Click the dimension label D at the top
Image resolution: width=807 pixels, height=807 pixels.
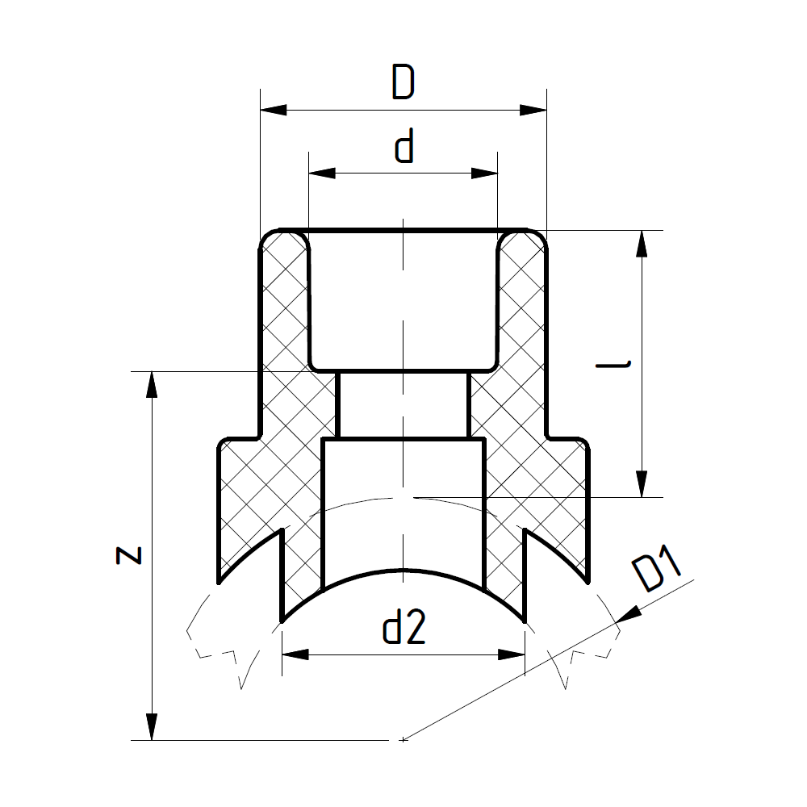pyautogui.click(x=403, y=83)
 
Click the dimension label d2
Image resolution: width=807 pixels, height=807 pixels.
pyautogui.click(x=403, y=628)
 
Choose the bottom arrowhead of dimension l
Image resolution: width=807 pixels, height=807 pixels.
pyautogui.click(x=642, y=484)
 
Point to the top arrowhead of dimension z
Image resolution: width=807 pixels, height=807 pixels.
pyautogui.click(x=151, y=384)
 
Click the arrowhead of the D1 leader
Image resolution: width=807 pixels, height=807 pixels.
pyautogui.click(x=627, y=616)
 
